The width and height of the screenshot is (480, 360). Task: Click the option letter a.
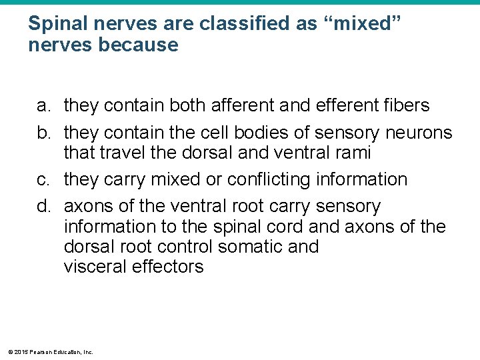(x=43, y=105)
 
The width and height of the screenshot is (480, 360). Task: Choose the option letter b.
(x=43, y=133)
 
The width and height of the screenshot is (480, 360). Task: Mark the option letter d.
(x=43, y=207)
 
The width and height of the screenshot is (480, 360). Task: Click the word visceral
(x=95, y=267)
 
